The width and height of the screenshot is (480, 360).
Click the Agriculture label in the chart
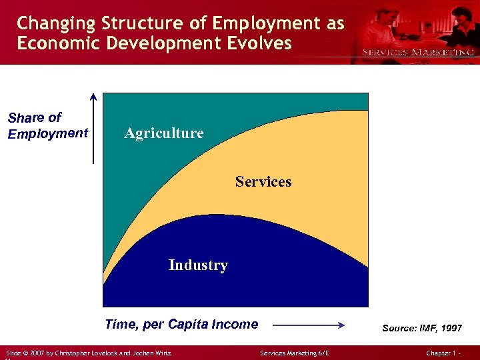tap(164, 133)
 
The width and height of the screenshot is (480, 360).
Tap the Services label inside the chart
tap(263, 181)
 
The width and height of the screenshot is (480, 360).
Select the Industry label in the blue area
tap(198, 265)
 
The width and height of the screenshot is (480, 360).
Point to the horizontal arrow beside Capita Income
tap(308, 325)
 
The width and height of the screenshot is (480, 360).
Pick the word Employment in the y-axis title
tap(48, 133)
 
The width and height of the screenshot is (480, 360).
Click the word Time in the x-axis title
tap(120, 325)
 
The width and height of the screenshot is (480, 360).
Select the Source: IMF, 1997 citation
tap(421, 328)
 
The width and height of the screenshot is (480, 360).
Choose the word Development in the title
tap(167, 43)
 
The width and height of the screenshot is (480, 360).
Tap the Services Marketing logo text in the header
tap(418, 51)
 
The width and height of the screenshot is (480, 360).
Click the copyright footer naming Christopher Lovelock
tap(88, 353)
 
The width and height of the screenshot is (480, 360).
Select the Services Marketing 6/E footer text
tap(295, 353)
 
